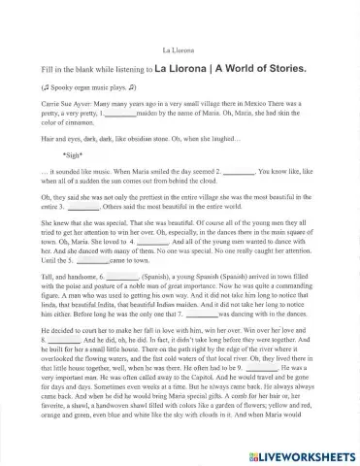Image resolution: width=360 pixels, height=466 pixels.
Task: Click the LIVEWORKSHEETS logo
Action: coord(303,455)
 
